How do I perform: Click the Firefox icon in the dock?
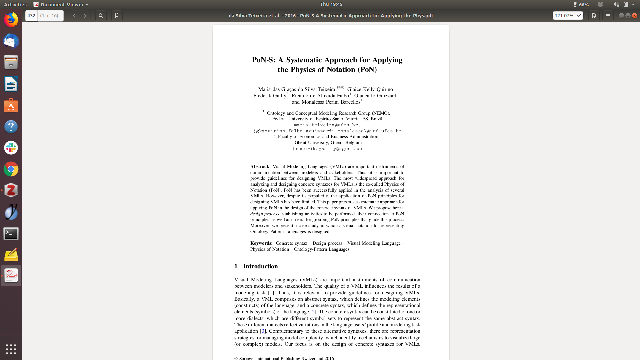click(11, 20)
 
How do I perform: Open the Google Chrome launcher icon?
click(11, 169)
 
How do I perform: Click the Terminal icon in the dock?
click(11, 233)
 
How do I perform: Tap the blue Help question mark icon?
click(11, 127)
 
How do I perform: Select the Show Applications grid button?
click(11, 349)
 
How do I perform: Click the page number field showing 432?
click(31, 16)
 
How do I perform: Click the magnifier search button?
click(101, 16)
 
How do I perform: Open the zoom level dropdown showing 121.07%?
click(568, 16)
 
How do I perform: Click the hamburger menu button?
click(608, 16)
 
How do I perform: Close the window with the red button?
click(635, 16)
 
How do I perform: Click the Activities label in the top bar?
click(15, 4)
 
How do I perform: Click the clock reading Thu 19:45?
click(331, 4)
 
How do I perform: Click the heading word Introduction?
click(260, 266)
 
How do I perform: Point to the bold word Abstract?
click(259, 167)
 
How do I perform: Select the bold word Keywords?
click(261, 243)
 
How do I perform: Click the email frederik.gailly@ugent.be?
click(327, 149)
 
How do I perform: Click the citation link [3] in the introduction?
click(263, 331)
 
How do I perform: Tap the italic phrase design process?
click(265, 214)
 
